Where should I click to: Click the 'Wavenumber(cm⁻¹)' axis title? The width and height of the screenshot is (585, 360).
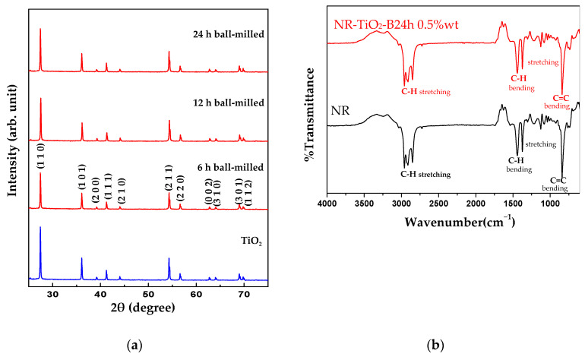(450, 222)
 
